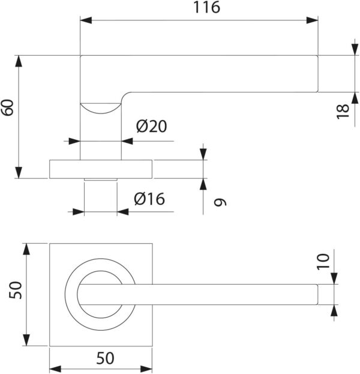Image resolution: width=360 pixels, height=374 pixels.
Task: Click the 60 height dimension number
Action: (8, 107)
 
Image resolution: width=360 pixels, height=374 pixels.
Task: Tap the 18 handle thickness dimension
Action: (343, 110)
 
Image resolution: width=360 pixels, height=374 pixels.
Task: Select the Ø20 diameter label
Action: (151, 127)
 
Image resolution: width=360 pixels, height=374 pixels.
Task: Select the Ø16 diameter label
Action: (149, 199)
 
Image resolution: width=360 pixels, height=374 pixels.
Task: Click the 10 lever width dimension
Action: (323, 261)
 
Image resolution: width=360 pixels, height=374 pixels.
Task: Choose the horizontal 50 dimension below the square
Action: (105, 358)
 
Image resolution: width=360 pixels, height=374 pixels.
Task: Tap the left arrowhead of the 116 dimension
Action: (86, 20)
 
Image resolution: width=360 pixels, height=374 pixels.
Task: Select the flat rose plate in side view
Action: (101, 169)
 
